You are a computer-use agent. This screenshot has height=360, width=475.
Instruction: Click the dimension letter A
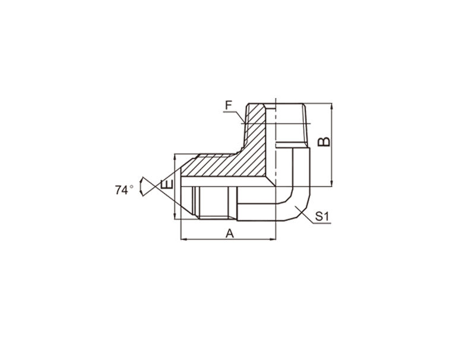click(x=230, y=233)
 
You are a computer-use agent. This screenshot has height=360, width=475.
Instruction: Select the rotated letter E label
click(x=167, y=184)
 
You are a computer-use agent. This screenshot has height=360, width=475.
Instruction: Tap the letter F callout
click(x=229, y=106)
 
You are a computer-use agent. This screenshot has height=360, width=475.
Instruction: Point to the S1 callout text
click(x=322, y=216)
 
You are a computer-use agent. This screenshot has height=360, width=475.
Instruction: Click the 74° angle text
click(x=124, y=190)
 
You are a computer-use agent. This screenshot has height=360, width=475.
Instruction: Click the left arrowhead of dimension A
click(x=183, y=239)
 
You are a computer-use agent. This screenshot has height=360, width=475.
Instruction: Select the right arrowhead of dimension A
click(x=274, y=239)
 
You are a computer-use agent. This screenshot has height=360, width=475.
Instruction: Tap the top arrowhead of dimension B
click(x=332, y=106)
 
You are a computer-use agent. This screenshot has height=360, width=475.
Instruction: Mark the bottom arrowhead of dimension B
click(x=332, y=184)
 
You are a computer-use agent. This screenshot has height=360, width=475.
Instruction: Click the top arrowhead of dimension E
click(x=175, y=156)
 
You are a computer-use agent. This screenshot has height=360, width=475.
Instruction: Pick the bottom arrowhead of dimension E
click(x=175, y=217)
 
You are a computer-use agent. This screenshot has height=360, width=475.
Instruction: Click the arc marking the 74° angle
click(x=140, y=187)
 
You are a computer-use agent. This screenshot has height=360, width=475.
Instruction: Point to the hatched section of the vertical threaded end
click(x=256, y=127)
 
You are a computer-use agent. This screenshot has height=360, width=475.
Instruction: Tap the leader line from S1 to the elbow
click(x=305, y=215)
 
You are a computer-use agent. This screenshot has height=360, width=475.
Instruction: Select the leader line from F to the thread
click(x=234, y=116)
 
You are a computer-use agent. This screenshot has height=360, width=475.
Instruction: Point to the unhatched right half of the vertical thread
click(x=292, y=125)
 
